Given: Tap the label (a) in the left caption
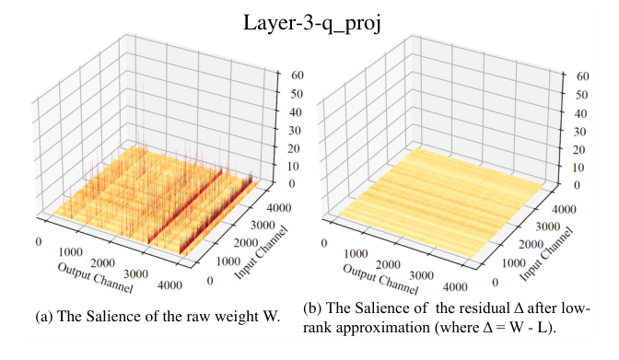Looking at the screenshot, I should [x=43, y=317].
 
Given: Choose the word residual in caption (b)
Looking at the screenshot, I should [x=480, y=308].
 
